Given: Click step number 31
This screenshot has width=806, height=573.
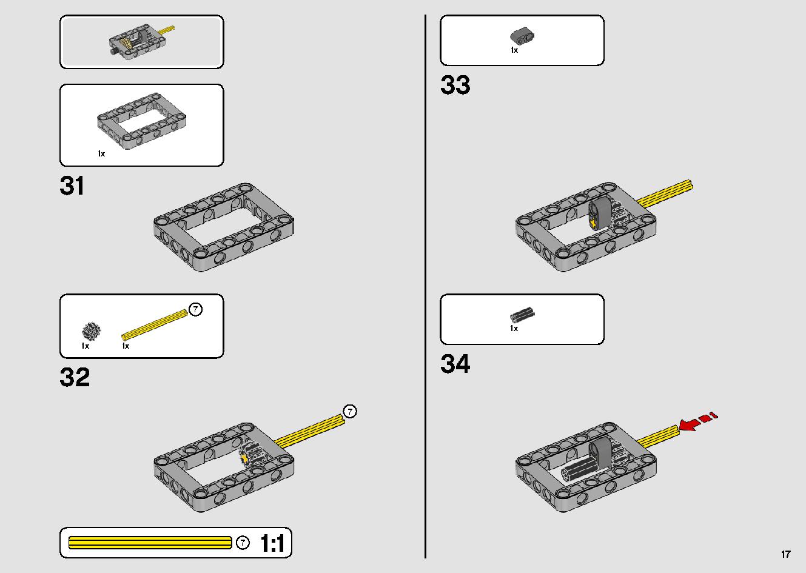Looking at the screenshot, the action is pyautogui.click(x=72, y=186).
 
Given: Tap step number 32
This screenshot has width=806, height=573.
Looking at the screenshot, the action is pyautogui.click(x=75, y=377).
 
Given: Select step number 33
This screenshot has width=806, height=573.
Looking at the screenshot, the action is pyautogui.click(x=455, y=85).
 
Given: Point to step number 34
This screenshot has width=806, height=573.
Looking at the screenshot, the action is pyautogui.click(x=455, y=364).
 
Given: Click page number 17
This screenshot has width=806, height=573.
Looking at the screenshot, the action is pyautogui.click(x=786, y=554).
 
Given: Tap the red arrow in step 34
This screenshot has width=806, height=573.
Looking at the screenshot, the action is pyautogui.click(x=697, y=421).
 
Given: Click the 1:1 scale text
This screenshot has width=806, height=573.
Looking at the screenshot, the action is pyautogui.click(x=272, y=543).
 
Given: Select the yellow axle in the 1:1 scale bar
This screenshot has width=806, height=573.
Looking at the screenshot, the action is pyautogui.click(x=150, y=543).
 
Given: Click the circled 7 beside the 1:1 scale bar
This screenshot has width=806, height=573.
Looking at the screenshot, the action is pyautogui.click(x=243, y=543).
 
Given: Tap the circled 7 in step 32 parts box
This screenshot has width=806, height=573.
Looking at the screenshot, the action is pyautogui.click(x=195, y=309).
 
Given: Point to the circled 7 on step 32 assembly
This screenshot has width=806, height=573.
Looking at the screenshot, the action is pyautogui.click(x=350, y=411).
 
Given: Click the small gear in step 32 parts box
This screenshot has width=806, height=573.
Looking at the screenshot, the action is pyautogui.click(x=92, y=331).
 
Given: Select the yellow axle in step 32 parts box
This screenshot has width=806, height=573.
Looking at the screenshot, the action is pyautogui.click(x=155, y=325).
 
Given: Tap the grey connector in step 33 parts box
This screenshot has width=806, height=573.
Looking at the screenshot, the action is pyautogui.click(x=522, y=36).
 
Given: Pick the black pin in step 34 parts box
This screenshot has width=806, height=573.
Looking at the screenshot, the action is pyautogui.click(x=522, y=315).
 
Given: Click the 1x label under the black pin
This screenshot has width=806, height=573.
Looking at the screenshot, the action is pyautogui.click(x=514, y=329).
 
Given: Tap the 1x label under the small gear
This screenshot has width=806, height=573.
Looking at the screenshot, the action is pyautogui.click(x=86, y=346).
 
